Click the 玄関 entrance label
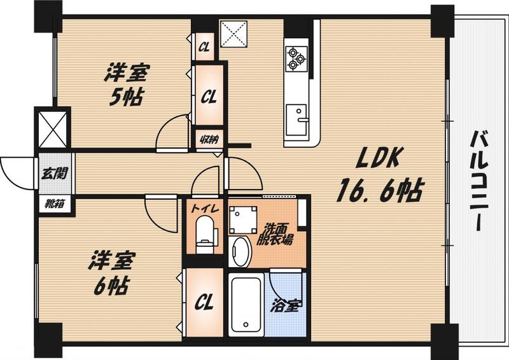tap(53, 172)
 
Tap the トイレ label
tap(203, 207)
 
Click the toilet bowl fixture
tap(204, 235)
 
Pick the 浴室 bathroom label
tap(285, 306)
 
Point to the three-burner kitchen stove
tap(296, 57)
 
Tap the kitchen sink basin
tap(296, 116)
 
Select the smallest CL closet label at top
tap(204, 46)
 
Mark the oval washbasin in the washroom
tap(240, 251)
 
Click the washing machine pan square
tap(243, 220)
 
